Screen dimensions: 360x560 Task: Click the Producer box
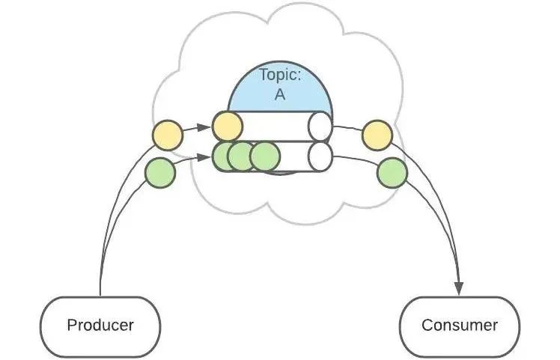(100, 326)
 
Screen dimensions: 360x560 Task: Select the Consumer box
(459, 326)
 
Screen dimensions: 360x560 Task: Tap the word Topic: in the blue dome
(279, 75)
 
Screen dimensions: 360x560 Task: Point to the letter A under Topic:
(279, 95)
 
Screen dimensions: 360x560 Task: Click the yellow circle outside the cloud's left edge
(168, 135)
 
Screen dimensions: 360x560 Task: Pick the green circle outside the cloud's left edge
(159, 173)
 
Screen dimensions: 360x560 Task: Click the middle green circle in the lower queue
(241, 156)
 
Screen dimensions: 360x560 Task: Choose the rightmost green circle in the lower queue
(264, 156)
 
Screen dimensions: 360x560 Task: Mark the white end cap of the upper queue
(320, 126)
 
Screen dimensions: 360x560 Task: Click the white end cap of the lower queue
(320, 156)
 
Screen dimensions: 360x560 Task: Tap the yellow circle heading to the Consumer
(377, 135)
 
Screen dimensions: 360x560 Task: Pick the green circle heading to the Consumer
(392, 173)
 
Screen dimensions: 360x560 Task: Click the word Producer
(100, 326)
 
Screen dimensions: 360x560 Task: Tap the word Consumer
(459, 326)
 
